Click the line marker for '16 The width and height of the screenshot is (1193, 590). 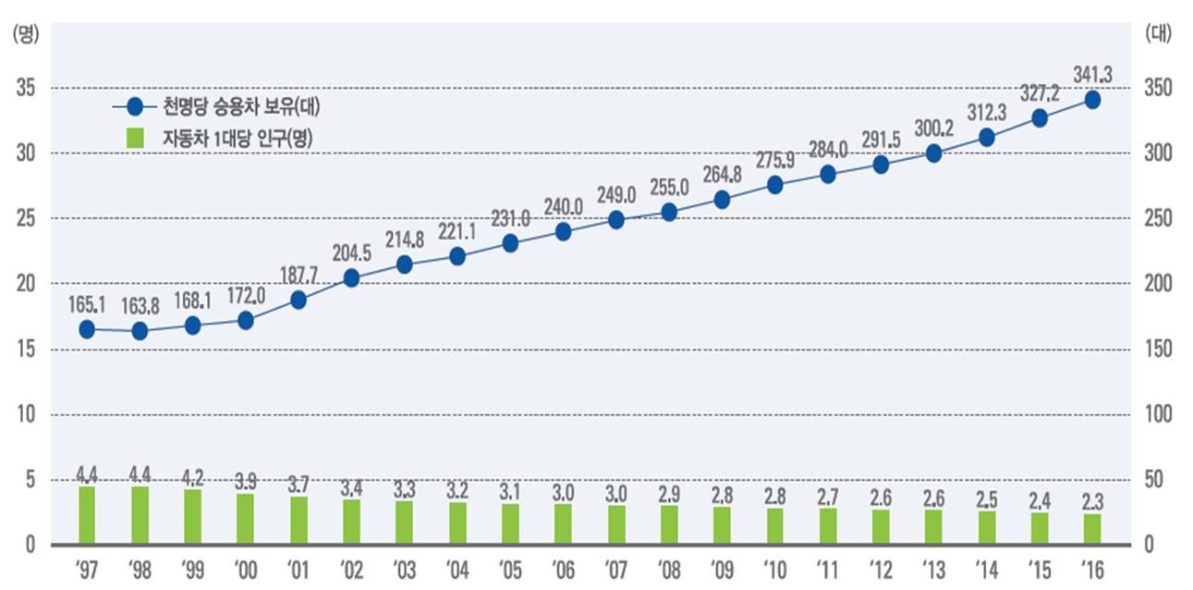[1092, 100]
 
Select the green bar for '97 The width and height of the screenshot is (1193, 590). [87, 515]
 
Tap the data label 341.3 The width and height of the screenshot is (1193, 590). [1093, 72]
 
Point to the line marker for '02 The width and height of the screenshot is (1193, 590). [351, 278]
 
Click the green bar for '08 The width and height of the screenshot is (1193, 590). [669, 524]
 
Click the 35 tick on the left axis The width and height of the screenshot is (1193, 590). [25, 88]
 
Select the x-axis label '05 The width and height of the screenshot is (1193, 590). [509, 566]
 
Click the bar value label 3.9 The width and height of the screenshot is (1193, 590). [246, 480]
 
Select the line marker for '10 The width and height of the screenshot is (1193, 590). [774, 185]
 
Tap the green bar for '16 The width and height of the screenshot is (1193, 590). [1092, 529]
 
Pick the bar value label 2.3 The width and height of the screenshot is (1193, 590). [1092, 500]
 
